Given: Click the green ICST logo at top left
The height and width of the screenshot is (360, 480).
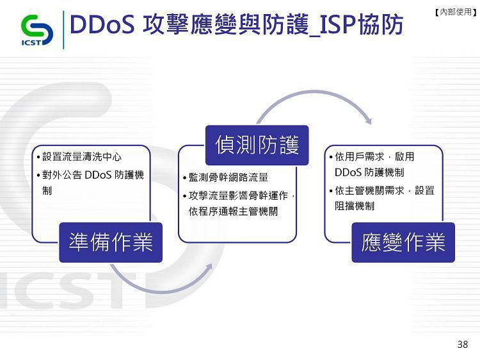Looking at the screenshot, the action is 36,30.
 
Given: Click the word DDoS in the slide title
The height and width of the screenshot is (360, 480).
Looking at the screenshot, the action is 102,24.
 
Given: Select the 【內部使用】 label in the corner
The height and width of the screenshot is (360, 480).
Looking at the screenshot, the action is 456,12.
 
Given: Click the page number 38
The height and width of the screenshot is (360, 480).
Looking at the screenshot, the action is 463,345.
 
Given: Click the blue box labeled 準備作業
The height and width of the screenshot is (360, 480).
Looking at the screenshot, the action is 111,242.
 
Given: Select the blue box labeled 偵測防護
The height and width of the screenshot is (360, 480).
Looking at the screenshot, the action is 257,145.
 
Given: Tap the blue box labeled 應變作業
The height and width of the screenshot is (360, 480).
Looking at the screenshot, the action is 403,242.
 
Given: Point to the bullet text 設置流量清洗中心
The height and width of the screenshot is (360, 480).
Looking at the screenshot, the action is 82,157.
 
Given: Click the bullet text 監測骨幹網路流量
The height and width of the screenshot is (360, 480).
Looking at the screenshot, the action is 228,177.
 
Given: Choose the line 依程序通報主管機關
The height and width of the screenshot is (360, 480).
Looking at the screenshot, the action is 233,211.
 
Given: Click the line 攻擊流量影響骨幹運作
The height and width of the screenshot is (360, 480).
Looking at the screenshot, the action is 239,195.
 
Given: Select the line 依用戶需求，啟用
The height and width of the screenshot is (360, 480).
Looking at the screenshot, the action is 374,157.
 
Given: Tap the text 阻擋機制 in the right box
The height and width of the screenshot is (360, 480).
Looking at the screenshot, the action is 355,206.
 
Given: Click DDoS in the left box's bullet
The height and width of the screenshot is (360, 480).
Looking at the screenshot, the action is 98,175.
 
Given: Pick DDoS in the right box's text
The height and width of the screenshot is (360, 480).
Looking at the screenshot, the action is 348,172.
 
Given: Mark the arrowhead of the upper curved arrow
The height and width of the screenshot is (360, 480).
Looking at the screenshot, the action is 369,121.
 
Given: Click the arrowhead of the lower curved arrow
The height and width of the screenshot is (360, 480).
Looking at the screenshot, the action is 209,267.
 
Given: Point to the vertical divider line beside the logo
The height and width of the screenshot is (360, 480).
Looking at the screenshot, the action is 63,29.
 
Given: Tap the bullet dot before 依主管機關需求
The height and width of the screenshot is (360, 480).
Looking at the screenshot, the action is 331,191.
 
